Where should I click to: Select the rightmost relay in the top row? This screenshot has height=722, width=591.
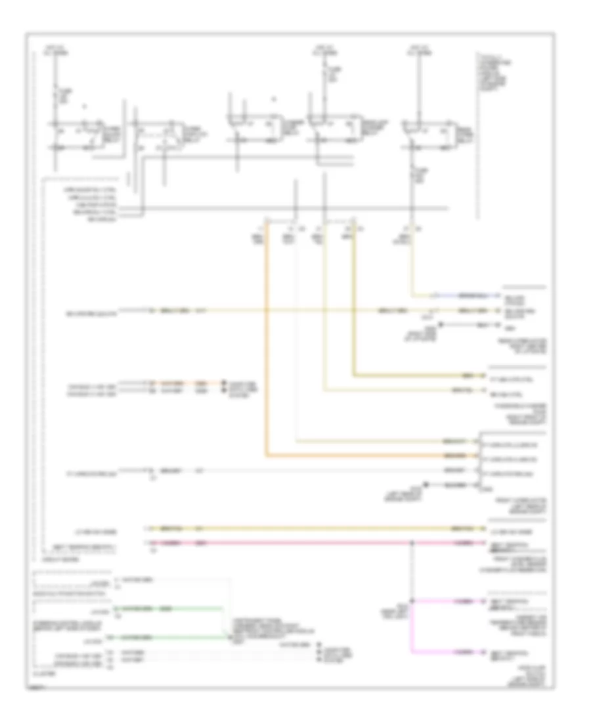coord(430,134)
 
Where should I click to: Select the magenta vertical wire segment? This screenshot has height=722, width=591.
coord(412,627)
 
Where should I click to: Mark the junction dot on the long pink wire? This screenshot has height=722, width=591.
coord(412,543)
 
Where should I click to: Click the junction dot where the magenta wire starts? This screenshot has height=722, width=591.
coord(412,601)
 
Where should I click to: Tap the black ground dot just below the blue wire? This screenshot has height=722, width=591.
coord(441,324)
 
